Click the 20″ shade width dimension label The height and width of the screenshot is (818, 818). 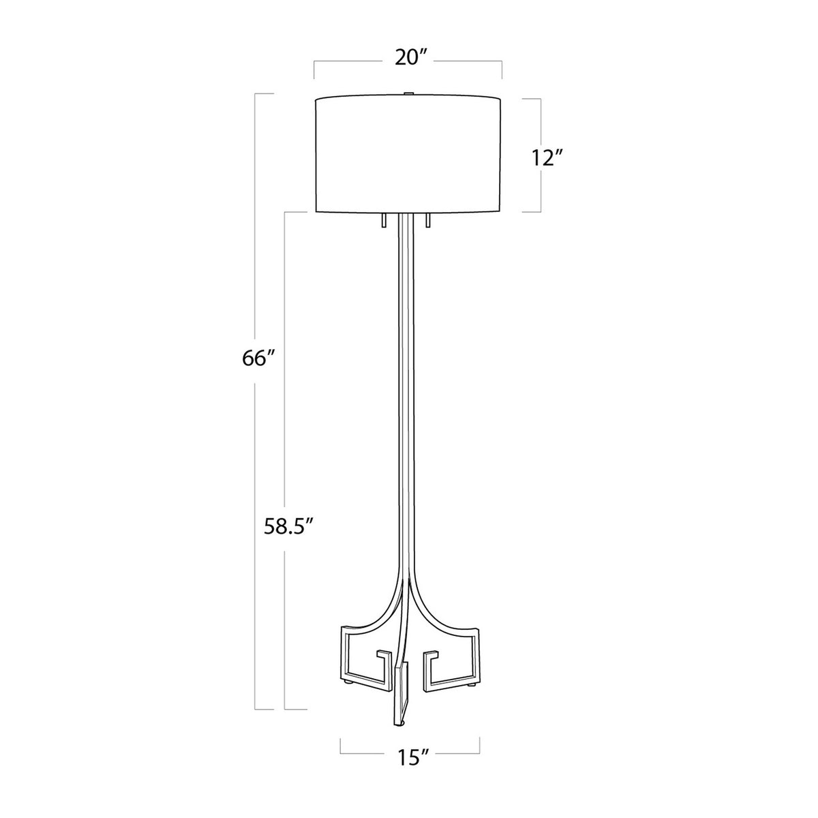[x=408, y=58]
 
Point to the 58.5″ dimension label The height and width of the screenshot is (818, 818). [x=288, y=526]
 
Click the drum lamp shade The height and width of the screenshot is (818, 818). [x=408, y=155]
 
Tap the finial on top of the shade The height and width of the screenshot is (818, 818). [x=408, y=94]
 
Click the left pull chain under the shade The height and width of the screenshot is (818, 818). [x=384, y=220]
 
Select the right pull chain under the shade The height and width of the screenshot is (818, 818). [x=428, y=220]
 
